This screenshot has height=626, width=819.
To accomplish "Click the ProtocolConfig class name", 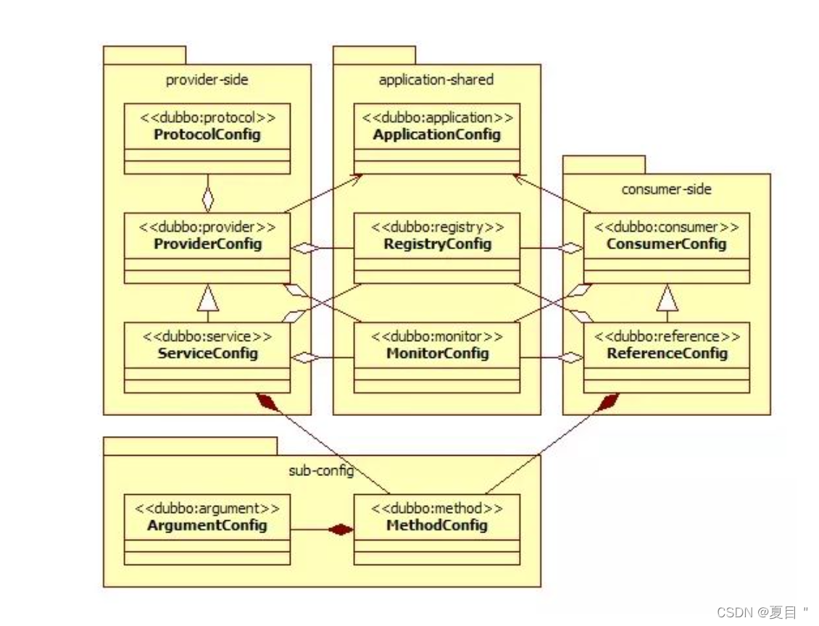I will [207, 135].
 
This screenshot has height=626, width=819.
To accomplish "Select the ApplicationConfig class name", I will [436, 135].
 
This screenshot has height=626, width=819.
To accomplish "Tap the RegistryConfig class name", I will [437, 244].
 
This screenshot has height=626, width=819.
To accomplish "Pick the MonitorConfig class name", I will [436, 354].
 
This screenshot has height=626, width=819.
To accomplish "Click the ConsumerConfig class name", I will [666, 244].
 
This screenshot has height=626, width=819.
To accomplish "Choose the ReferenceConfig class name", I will [667, 354].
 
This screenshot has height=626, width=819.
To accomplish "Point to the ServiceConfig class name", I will [207, 354].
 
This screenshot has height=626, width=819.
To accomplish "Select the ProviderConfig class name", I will [207, 244].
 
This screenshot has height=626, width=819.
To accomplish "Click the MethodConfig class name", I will [436, 525].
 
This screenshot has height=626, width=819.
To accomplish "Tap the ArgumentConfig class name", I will [207, 525].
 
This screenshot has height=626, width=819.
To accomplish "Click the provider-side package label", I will [207, 80].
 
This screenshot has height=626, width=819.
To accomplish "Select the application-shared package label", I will [436, 80].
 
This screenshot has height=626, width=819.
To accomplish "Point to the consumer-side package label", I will [666, 189].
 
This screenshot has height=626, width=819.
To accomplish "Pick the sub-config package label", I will [321, 471].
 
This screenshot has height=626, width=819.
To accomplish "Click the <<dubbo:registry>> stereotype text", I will [437, 228].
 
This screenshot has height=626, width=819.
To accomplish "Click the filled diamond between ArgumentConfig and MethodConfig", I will [340, 530].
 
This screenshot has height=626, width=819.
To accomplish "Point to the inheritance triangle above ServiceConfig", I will [208, 297].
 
